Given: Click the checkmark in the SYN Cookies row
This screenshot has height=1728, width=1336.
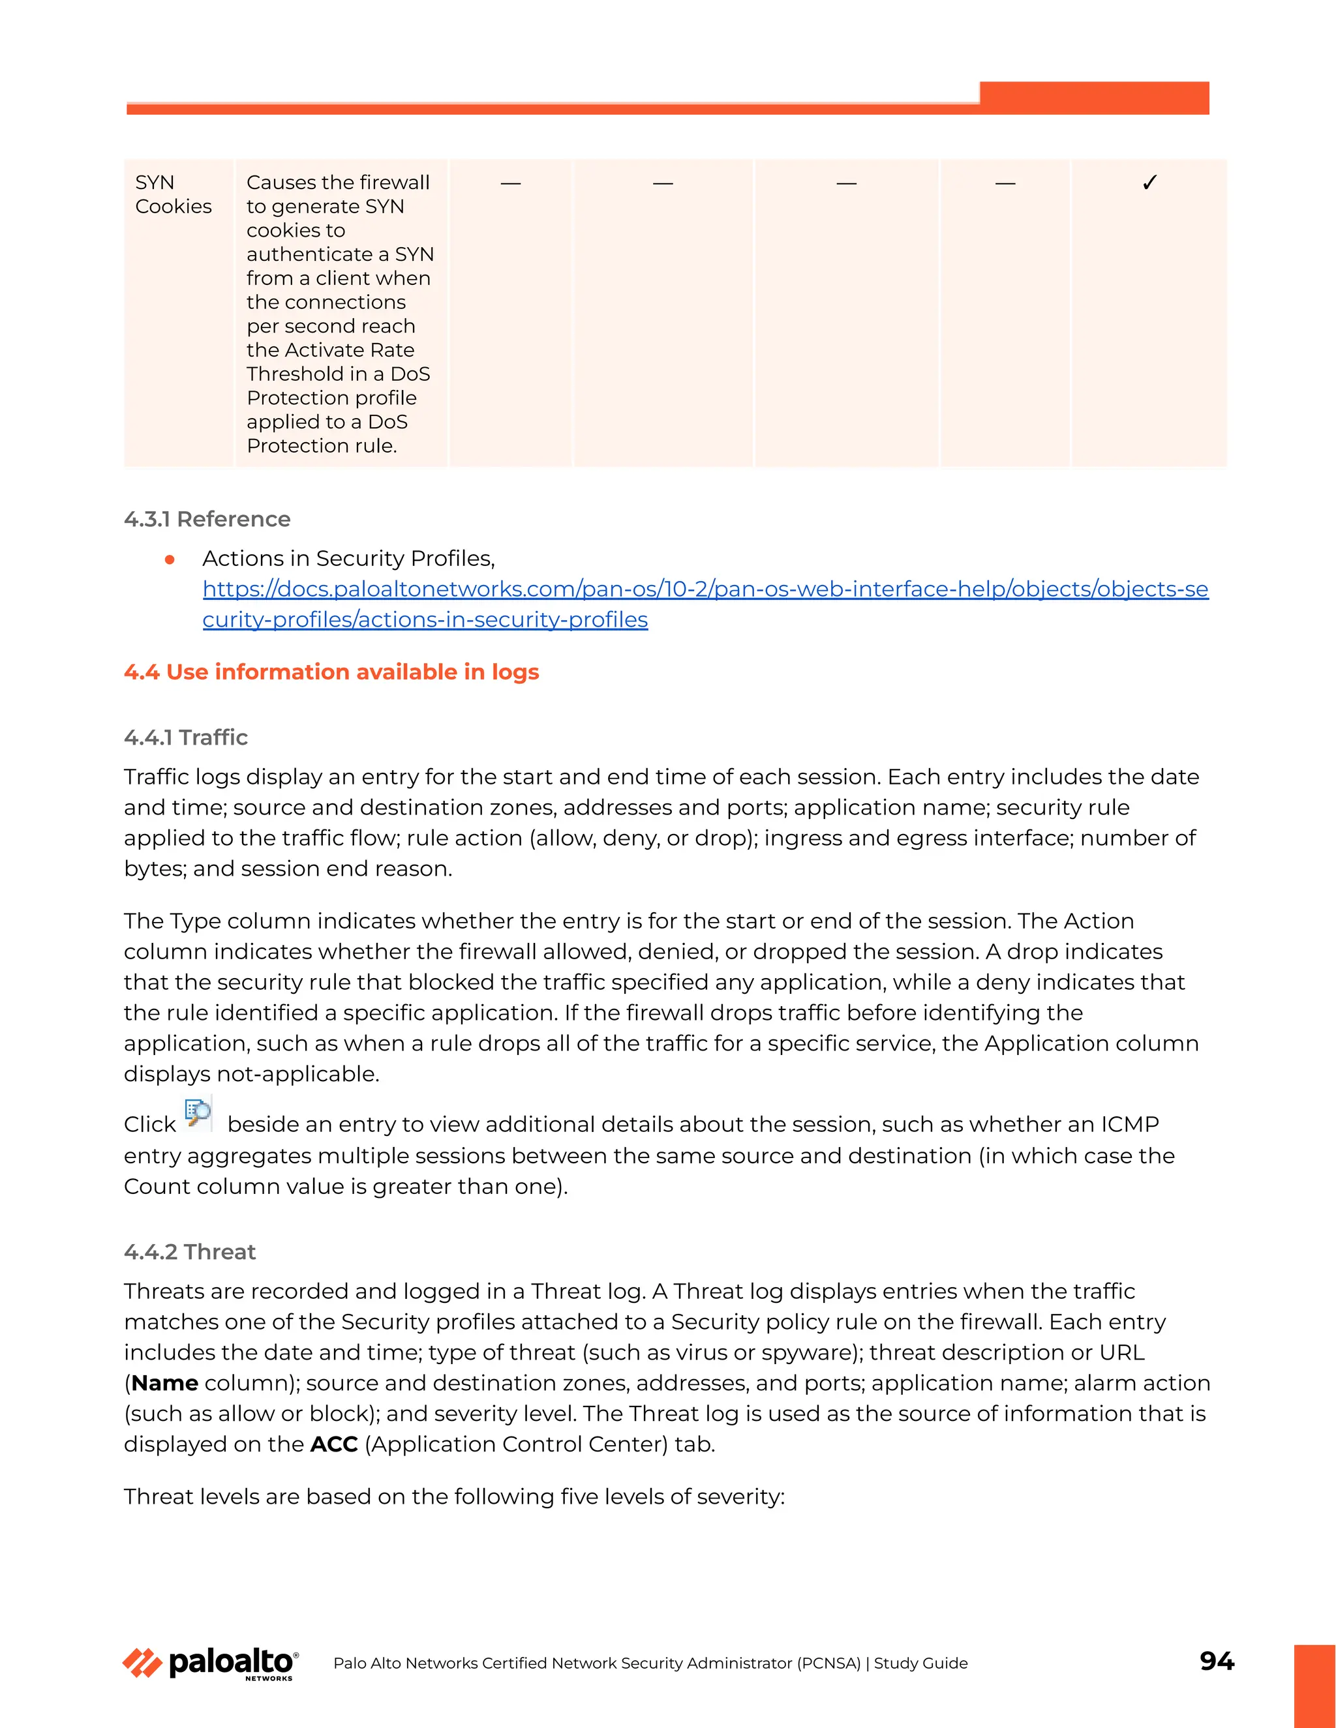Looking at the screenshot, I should coord(1150,183).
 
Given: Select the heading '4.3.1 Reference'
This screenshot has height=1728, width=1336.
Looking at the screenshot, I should coord(207,519).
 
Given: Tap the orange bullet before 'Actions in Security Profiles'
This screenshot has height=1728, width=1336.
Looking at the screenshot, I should coord(170,559).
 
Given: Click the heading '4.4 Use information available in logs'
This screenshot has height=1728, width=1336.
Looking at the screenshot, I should coord(331,672).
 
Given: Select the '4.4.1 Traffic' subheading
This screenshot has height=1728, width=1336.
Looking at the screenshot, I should coord(185,737).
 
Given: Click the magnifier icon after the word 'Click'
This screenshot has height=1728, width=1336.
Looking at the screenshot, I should coord(198,1113).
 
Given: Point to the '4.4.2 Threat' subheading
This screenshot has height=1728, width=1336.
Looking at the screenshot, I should coord(190,1252).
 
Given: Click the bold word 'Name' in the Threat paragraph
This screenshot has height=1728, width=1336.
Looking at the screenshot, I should coord(164,1383).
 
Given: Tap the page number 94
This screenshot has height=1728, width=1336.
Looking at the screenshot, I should coord(1217,1661).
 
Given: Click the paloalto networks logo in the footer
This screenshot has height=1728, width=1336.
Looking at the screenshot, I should coord(211,1663).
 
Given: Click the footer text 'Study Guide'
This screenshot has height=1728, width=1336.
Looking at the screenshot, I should coord(920,1663).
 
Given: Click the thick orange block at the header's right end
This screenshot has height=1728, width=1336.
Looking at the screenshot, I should coord(1094,97).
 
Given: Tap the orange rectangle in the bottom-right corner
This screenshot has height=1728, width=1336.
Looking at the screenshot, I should coord(1314,1685).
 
